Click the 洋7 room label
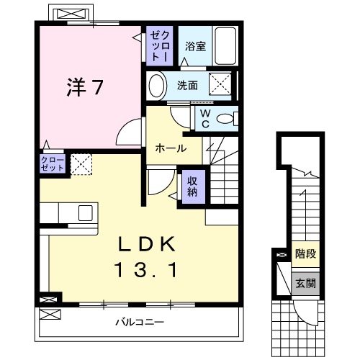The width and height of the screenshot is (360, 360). click(x=85, y=87)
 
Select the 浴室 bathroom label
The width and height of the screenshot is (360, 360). click(x=195, y=47)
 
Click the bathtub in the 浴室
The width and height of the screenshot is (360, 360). click(x=226, y=47)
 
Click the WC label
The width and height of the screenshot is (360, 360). click(x=204, y=118)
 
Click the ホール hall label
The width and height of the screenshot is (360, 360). click(x=171, y=149)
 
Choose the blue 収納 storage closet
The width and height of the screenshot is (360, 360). click(x=192, y=186)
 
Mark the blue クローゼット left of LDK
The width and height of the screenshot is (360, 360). click(x=53, y=162)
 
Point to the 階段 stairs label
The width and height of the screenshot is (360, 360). click(x=305, y=254)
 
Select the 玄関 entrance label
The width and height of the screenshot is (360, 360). click(x=305, y=283)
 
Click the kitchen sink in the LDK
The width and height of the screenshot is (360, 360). click(x=85, y=213)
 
